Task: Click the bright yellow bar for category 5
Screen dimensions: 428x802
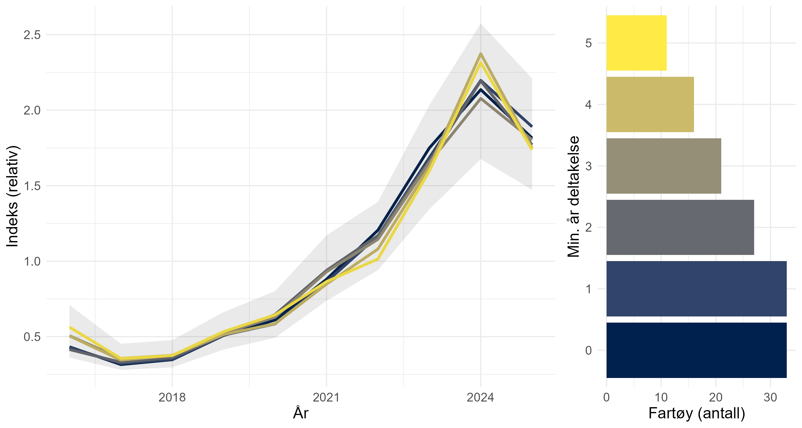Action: point(636,43)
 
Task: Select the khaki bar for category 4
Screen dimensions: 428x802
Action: point(650,104)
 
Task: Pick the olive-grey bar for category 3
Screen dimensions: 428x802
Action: point(664,166)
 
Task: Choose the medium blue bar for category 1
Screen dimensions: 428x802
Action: point(696,289)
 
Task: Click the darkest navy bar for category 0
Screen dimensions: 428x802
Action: point(696,350)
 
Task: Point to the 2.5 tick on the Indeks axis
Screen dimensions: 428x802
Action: point(32,35)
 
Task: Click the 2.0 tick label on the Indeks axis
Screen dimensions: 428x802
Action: point(32,110)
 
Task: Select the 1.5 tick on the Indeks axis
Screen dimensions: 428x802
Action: point(32,186)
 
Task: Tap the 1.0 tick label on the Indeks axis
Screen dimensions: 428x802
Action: point(32,261)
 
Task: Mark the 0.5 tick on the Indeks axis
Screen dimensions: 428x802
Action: point(32,337)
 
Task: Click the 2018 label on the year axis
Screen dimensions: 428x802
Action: point(172,398)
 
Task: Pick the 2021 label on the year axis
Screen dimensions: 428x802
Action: point(326,398)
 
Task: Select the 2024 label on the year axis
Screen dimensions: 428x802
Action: point(480,398)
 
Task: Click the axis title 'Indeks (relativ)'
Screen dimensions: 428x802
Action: point(13,196)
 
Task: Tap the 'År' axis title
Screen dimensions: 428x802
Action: point(300,413)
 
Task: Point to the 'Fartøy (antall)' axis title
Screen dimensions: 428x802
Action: point(696,413)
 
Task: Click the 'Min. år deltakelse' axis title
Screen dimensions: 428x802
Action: point(573,196)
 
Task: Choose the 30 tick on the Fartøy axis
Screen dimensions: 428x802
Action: point(770,398)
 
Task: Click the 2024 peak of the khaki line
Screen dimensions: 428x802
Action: point(481,53)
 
